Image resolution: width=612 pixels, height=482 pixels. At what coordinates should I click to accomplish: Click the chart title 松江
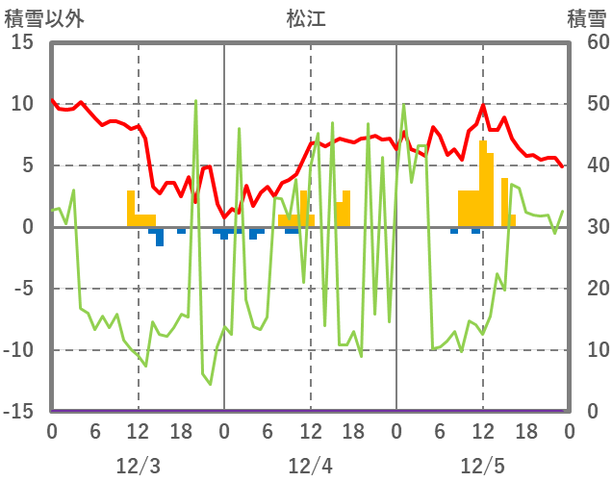(x=306, y=18)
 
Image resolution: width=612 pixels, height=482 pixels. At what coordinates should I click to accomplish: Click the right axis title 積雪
(x=586, y=18)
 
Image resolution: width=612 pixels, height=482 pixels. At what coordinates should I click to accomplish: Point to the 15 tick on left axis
(x=22, y=43)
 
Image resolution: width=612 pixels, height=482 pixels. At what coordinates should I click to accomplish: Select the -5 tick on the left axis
(x=22, y=289)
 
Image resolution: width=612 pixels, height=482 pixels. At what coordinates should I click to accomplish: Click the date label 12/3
(x=138, y=467)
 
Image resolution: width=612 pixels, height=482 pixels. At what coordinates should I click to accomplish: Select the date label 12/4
(x=310, y=467)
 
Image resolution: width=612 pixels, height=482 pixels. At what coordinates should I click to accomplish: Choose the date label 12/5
(x=482, y=467)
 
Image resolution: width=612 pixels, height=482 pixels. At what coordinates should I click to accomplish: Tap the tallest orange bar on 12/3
(x=131, y=208)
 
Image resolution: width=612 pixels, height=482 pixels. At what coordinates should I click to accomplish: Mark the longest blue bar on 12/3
(x=160, y=237)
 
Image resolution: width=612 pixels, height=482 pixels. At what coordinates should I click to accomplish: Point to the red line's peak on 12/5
(x=483, y=106)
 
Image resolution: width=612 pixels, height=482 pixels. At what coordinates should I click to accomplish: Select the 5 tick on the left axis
(x=26, y=165)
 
